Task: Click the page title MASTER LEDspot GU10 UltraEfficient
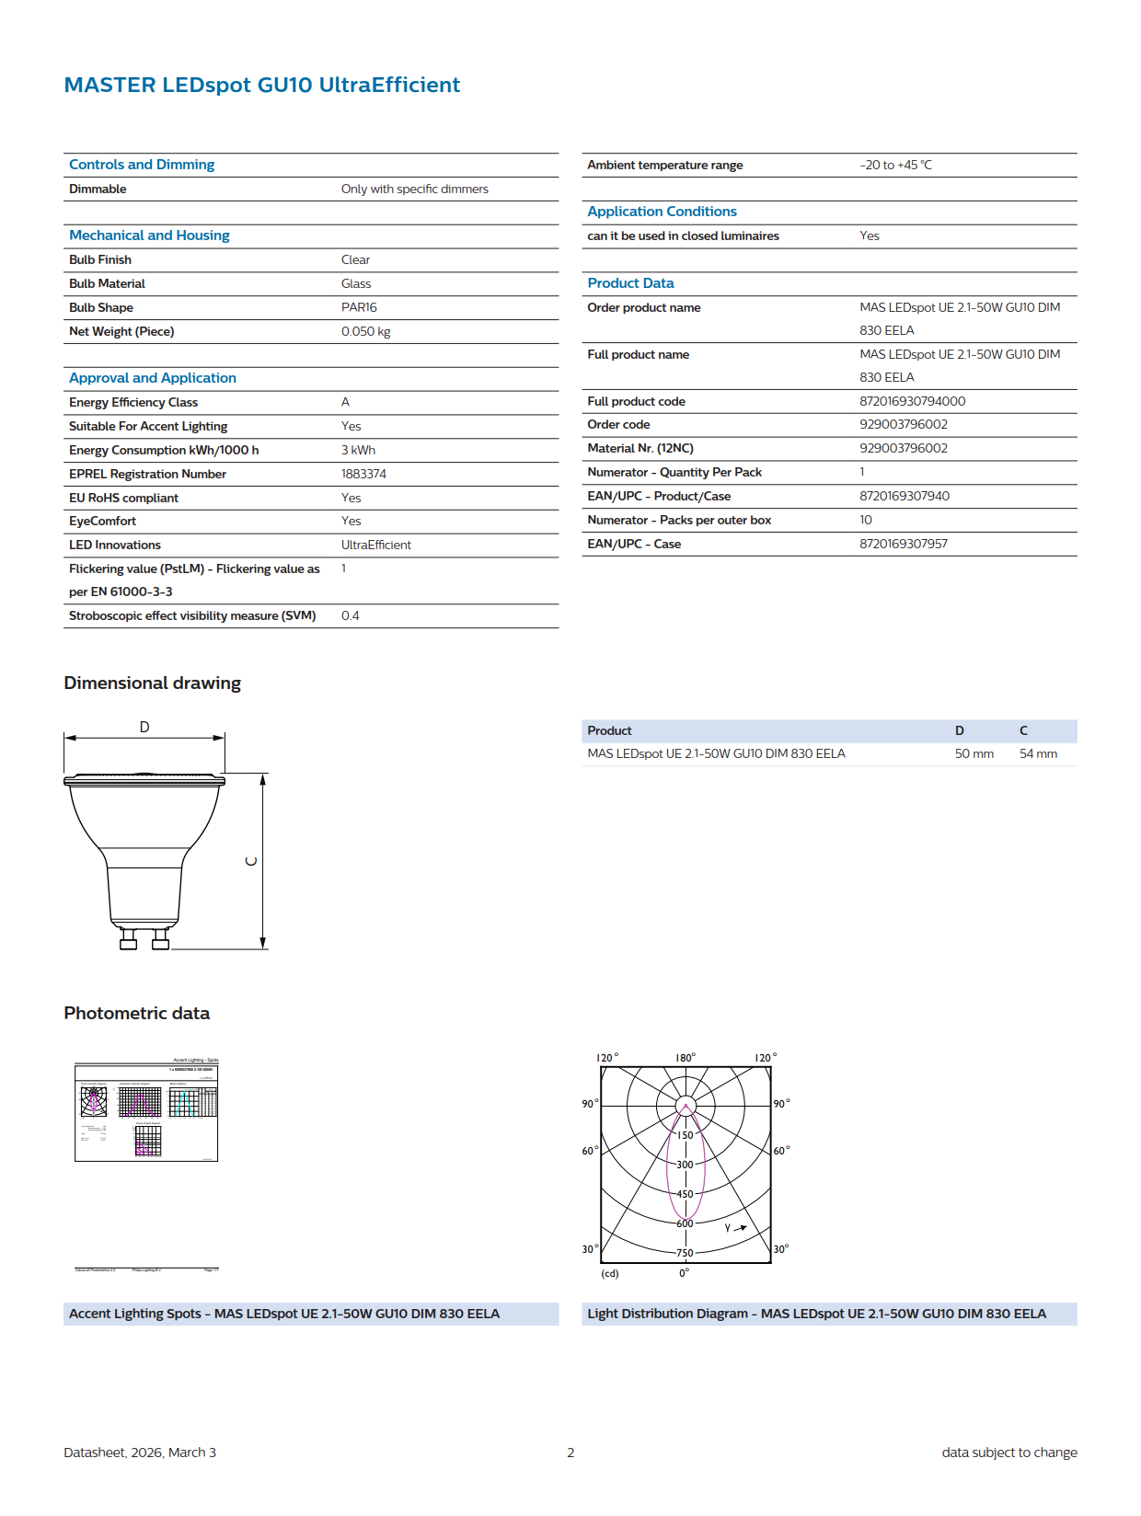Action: [x=261, y=85]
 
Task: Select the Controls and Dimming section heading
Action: [x=142, y=165]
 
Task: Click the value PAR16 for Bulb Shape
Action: [x=359, y=307]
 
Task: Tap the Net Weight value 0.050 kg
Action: [x=365, y=331]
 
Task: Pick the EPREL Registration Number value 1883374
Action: [x=363, y=474]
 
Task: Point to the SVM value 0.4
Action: [x=350, y=615]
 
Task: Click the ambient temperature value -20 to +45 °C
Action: [x=895, y=165]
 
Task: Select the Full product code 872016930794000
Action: [x=912, y=401]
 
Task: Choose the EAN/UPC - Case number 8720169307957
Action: [x=903, y=544]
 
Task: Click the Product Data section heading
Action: [x=630, y=283]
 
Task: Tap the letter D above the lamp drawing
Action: [x=144, y=727]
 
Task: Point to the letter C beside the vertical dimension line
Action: [x=251, y=862]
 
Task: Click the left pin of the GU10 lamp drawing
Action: [x=129, y=940]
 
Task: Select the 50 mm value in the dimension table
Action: [x=974, y=753]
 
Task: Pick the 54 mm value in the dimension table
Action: [x=1038, y=753]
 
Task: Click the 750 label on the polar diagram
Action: [x=685, y=1253]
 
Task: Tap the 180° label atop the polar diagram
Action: [x=686, y=1058]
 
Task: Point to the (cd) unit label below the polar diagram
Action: [x=610, y=1273]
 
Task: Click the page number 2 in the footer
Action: [x=570, y=1453]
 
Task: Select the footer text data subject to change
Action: [x=1008, y=1453]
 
